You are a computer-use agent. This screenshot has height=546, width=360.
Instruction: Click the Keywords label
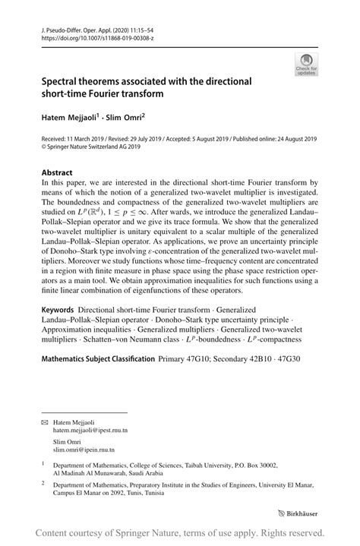point(57,310)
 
